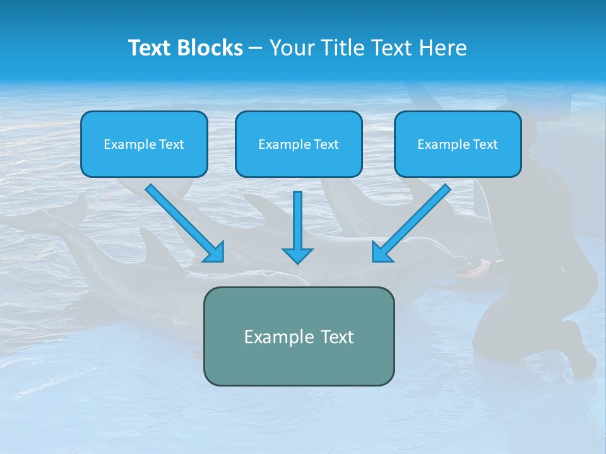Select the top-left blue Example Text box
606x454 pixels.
tap(144, 144)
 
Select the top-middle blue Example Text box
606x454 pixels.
tap(299, 144)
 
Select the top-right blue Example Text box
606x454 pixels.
tap(458, 144)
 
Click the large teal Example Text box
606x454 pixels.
tap(299, 336)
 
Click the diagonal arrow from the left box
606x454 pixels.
tap(183, 221)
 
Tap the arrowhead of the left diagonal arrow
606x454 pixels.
tap(215, 252)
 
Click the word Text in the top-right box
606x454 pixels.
tap(485, 144)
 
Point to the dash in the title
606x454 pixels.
tap(256, 48)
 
